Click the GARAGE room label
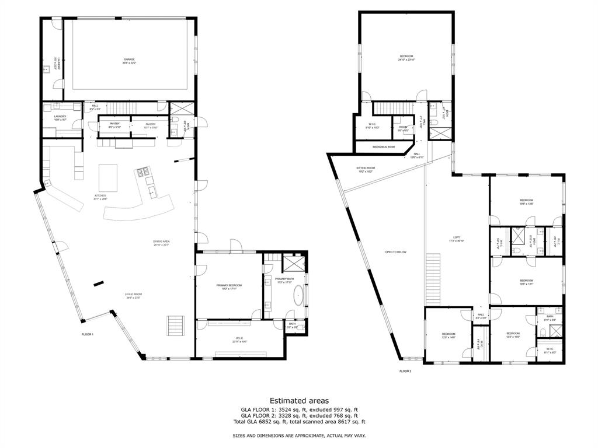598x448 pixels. (x=129, y=60)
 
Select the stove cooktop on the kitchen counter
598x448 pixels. (x=142, y=173)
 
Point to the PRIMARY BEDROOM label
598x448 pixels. (x=229, y=286)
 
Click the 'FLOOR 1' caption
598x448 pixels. (x=88, y=334)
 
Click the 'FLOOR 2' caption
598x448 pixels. (x=405, y=371)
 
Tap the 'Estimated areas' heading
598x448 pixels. (x=298, y=401)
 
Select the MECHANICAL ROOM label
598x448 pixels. (x=383, y=147)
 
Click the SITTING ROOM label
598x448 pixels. (x=366, y=169)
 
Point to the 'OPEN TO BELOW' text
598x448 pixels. (x=395, y=252)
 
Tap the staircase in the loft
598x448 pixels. (x=433, y=280)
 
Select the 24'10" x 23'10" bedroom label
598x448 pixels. (x=406, y=57)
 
